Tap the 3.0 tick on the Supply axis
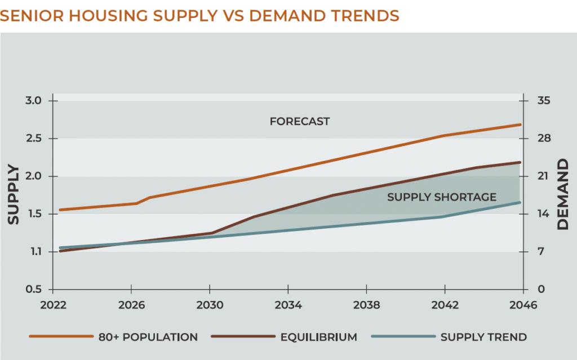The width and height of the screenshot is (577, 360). click(x=34, y=101)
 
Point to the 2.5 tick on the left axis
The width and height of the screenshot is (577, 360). click(x=34, y=139)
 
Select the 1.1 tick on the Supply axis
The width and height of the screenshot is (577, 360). click(x=34, y=252)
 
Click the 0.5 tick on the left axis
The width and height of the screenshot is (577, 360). click(x=34, y=290)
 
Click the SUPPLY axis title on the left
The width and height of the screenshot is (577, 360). click(x=13, y=195)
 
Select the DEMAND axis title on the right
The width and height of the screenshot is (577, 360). click(x=563, y=195)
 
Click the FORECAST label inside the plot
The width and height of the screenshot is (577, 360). click(x=299, y=121)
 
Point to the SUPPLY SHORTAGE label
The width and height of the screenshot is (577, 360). click(x=441, y=197)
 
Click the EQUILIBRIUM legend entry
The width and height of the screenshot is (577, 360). click(x=318, y=337)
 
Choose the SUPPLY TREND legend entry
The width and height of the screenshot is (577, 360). click(x=483, y=337)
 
